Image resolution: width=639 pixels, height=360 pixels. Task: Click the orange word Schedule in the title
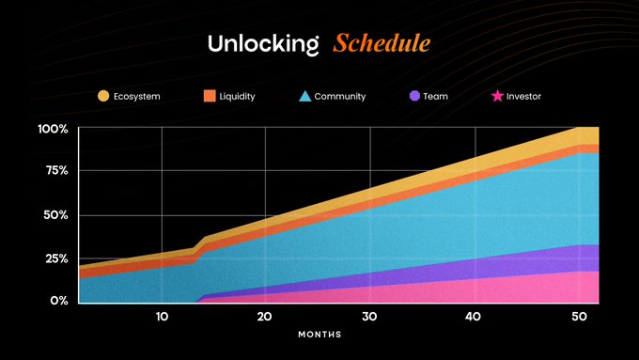[382, 44]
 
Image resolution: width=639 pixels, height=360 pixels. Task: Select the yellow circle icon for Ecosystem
[103, 96]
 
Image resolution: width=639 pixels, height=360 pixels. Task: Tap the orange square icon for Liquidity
[210, 96]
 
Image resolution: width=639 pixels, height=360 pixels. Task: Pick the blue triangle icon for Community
[304, 96]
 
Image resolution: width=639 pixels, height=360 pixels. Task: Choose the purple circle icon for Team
[415, 96]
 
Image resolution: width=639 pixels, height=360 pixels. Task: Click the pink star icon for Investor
[497, 96]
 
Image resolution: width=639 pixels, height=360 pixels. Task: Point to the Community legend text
[340, 97]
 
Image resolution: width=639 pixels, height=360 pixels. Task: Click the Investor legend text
[523, 97]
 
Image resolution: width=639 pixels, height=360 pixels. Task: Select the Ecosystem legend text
[136, 97]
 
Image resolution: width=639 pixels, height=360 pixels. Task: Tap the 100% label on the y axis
[53, 128]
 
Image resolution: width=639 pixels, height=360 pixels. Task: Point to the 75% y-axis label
[55, 170]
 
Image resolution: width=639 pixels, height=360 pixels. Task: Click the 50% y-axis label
[55, 214]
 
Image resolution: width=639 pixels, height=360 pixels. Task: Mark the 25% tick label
[55, 258]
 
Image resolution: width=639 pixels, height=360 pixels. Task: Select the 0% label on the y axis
[59, 301]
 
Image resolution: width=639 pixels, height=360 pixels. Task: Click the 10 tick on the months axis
[162, 316]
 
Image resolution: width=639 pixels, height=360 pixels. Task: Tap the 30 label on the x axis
[369, 316]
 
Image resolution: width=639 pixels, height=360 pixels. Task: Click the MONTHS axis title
[319, 335]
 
